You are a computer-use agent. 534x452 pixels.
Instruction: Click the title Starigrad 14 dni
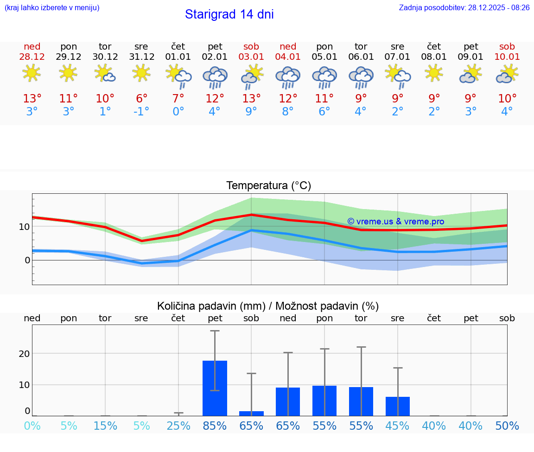229,14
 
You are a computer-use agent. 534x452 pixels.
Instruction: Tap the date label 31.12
141,57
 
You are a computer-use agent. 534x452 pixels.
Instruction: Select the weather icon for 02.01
215,77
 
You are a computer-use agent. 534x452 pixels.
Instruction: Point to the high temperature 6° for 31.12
141,99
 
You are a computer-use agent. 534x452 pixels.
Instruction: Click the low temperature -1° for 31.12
141,112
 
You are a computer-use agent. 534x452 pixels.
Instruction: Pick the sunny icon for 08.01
434,73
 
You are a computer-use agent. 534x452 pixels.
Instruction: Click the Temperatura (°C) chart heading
268,186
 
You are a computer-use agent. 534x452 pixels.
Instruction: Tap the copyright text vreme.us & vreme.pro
395,222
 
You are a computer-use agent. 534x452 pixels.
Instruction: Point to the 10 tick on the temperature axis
24,227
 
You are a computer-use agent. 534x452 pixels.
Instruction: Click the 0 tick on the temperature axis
27,260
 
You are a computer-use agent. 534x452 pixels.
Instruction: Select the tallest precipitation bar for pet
215,388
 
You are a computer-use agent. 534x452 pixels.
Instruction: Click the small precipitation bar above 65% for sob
251,414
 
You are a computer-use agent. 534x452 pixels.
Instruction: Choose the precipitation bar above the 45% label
397,406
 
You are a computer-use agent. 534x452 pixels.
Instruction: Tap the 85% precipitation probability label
215,426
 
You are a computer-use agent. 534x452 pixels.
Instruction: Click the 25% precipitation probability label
178,426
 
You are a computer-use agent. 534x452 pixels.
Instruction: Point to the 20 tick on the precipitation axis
24,354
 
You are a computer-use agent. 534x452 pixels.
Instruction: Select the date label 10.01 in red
507,57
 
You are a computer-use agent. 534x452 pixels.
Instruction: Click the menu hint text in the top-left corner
51,8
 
